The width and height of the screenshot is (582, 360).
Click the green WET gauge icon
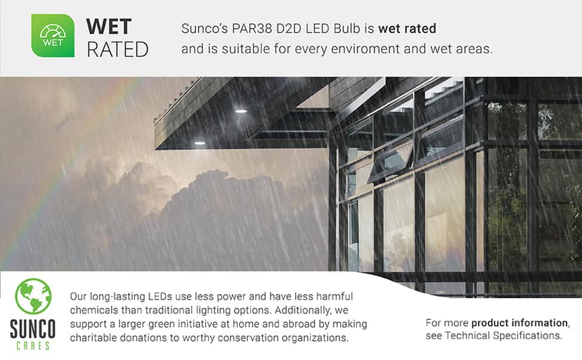(x=53, y=36)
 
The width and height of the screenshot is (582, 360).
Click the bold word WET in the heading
(x=108, y=27)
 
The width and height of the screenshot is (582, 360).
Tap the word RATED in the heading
(x=117, y=50)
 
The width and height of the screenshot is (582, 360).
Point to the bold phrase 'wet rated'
(x=407, y=30)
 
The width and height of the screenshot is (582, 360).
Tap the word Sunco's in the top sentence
(x=204, y=30)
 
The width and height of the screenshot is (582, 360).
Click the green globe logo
(x=33, y=296)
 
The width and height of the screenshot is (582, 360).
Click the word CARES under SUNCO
(x=32, y=345)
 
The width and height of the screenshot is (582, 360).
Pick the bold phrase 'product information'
(x=519, y=323)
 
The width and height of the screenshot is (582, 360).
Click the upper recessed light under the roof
(x=241, y=111)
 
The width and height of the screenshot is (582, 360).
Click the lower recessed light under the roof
(x=200, y=143)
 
